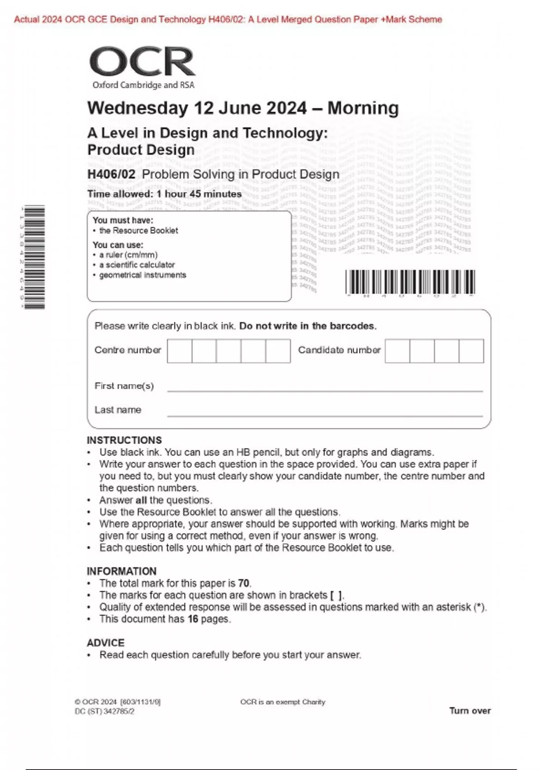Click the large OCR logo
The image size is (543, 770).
tap(142, 62)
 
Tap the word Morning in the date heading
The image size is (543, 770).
tap(363, 108)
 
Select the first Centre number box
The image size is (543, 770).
tap(179, 351)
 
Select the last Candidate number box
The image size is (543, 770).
tap(471, 351)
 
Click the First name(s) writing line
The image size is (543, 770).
tap(324, 387)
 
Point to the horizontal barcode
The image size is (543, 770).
tap(410, 282)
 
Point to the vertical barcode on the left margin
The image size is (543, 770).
tap(35, 257)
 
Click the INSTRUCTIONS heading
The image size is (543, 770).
tap(124, 440)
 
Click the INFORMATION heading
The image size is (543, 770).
tap(121, 571)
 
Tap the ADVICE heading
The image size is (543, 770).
tap(105, 643)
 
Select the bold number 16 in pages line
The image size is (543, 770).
tap(193, 619)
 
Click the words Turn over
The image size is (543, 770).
tap(470, 711)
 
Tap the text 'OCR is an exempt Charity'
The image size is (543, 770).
tap(282, 702)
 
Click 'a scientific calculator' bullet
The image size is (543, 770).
tap(137, 265)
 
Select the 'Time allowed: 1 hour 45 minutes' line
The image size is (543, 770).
tap(164, 194)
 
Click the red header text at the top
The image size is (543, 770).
tap(228, 19)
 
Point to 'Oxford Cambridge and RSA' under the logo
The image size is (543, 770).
tap(143, 85)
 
